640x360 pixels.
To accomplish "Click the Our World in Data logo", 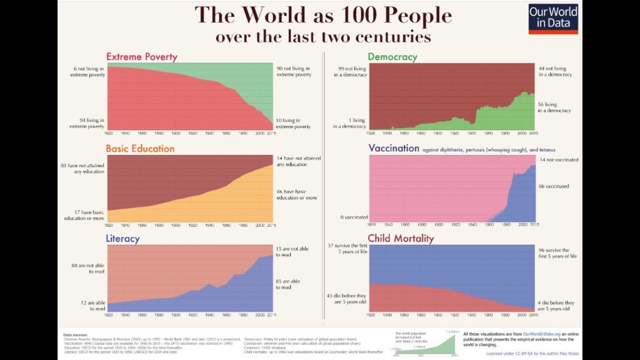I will pyautogui.click(x=553, y=19).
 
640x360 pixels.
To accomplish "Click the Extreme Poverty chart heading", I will pyautogui.click(x=142, y=57).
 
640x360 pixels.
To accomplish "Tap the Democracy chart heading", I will pyautogui.click(x=392, y=57).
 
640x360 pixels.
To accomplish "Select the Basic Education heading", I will pyautogui.click(x=140, y=148).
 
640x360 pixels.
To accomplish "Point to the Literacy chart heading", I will pyautogui.click(x=123, y=239).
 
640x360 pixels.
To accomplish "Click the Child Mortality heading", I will pyautogui.click(x=401, y=238).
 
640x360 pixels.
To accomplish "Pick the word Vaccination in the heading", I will pyautogui.click(x=394, y=148).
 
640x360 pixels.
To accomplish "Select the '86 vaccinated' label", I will pyautogui.click(x=554, y=186).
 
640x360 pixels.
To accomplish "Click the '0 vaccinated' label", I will pyautogui.click(x=355, y=217).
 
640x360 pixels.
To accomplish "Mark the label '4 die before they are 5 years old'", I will pyautogui.click(x=556, y=306).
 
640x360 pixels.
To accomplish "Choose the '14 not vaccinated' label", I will pyautogui.click(x=559, y=160).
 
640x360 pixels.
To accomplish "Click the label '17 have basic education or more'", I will pyautogui.click(x=84, y=216).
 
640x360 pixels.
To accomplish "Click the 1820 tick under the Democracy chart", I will pyautogui.click(x=371, y=133).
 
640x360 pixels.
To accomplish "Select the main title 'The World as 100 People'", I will pyautogui.click(x=323, y=15).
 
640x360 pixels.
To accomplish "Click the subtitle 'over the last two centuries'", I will pyautogui.click(x=323, y=37).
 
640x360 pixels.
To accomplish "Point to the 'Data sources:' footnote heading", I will pyautogui.click(x=75, y=335).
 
